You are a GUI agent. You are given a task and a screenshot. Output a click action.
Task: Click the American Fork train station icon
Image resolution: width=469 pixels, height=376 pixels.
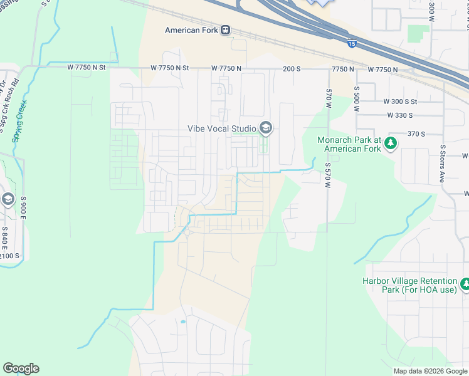(225, 30)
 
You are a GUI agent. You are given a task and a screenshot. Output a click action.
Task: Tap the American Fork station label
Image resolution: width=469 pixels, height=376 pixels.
(191, 30)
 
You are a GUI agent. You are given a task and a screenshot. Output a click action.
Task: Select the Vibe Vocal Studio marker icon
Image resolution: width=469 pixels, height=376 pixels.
(266, 128)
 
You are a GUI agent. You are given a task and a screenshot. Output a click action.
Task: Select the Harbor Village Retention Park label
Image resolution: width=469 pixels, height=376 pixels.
(411, 286)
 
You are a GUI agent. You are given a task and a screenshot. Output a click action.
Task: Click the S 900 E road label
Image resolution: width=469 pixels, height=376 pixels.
(23, 207)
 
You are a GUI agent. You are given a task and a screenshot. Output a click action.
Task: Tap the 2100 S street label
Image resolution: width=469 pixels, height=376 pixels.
(10, 256)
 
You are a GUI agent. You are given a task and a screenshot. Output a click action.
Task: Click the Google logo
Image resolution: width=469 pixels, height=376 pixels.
(21, 368)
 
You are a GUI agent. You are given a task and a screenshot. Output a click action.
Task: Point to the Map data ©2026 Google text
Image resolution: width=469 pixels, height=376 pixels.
(429, 371)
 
